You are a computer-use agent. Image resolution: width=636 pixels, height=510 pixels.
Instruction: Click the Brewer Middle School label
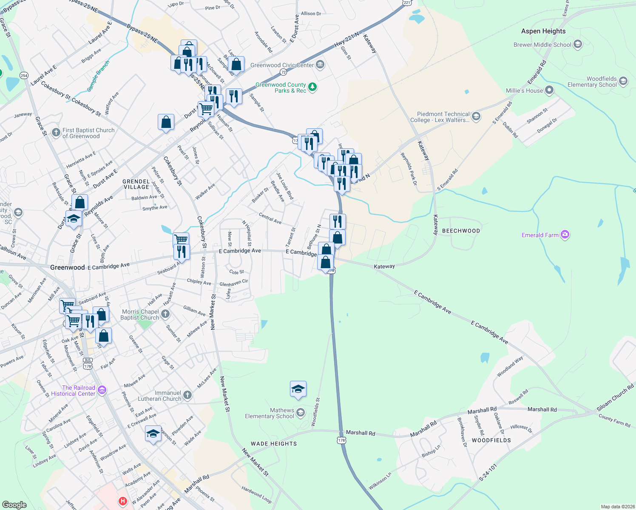542,45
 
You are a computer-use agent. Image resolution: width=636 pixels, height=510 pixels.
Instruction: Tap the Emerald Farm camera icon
565,235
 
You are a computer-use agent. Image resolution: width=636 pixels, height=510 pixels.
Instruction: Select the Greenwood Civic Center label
282,65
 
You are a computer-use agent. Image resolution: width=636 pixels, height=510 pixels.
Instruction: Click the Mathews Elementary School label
270,413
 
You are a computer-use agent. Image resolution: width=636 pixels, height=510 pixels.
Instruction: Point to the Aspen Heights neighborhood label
543,31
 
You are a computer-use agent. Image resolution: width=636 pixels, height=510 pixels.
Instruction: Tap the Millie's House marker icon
549,90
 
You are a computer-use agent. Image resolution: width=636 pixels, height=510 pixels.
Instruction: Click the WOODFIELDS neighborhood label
491,440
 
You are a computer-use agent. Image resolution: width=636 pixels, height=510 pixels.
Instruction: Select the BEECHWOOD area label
461,231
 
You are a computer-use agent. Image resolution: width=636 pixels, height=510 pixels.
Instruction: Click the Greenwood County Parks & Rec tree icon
312,87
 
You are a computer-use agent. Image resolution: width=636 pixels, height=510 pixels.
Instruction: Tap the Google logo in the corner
14,504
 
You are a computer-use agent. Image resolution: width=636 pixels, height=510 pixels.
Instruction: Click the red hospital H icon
123,501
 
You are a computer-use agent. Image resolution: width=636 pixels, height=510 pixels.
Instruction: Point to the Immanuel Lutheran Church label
159,396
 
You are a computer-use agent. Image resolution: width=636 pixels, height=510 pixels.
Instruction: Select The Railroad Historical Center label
73,391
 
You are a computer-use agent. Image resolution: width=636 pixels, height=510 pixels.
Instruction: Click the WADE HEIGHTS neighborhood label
274,444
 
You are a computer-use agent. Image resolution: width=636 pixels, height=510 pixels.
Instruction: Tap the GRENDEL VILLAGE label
136,184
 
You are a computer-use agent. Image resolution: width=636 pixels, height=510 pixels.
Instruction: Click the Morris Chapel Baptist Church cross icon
165,314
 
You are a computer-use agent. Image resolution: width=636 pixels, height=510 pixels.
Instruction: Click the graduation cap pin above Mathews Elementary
298,389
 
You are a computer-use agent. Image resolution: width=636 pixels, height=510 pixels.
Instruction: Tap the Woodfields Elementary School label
592,82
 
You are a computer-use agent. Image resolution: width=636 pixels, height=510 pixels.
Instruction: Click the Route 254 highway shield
24,76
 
